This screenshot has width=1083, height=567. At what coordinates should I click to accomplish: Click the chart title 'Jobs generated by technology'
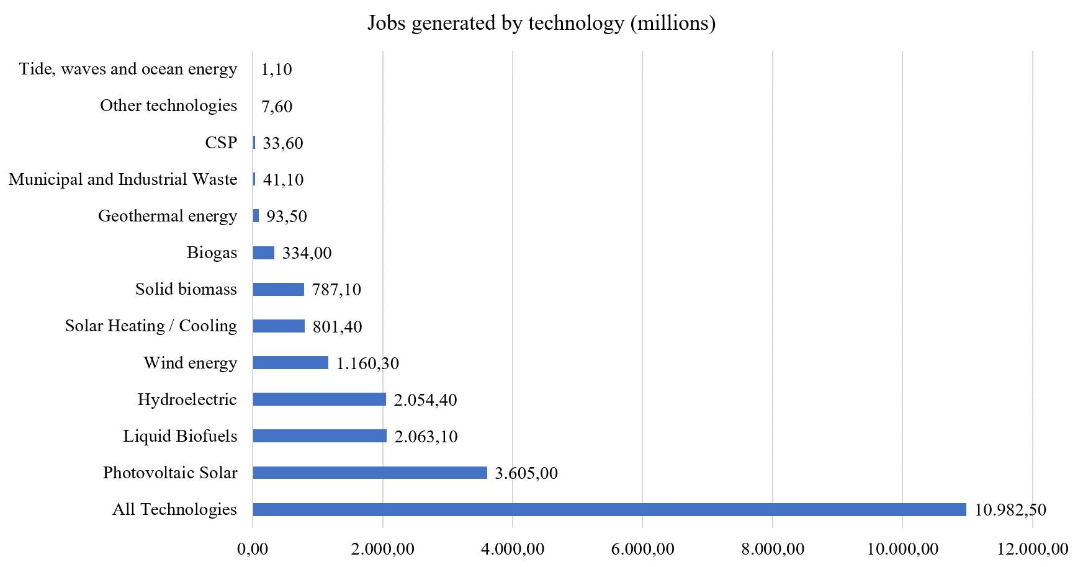coord(541,23)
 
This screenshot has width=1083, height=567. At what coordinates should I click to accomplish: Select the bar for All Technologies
coord(609,509)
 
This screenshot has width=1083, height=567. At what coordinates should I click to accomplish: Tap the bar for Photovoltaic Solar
coord(370,473)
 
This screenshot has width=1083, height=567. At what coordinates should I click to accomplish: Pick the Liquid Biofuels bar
coord(320,436)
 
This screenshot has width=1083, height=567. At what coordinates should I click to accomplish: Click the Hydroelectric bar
coord(319,400)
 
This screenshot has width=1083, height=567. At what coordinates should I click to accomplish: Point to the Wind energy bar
coord(290,363)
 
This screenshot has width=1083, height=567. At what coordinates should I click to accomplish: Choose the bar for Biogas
coord(264,252)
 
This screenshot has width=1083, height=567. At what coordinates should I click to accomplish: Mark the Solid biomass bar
coord(279,290)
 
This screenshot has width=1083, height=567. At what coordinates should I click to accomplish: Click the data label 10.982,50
coord(1010,510)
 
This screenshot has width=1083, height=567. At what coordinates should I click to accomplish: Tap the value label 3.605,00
coord(526,473)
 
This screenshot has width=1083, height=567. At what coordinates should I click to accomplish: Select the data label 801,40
coord(337,326)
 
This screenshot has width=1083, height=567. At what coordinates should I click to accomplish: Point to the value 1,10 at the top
coord(276,69)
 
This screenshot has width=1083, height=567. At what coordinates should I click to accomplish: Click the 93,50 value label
coord(287,217)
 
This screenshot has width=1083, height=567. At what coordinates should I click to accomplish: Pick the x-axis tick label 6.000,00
coord(642,549)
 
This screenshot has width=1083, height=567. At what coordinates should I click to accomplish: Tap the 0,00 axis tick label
coord(253,549)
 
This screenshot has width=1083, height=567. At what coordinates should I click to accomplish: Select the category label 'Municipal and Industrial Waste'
coord(123,179)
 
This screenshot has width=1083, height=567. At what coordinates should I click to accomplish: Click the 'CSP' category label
coord(221,143)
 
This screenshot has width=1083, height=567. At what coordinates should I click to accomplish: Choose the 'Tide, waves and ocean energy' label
coord(128,69)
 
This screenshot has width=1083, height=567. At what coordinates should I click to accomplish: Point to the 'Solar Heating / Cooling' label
coord(151,326)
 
